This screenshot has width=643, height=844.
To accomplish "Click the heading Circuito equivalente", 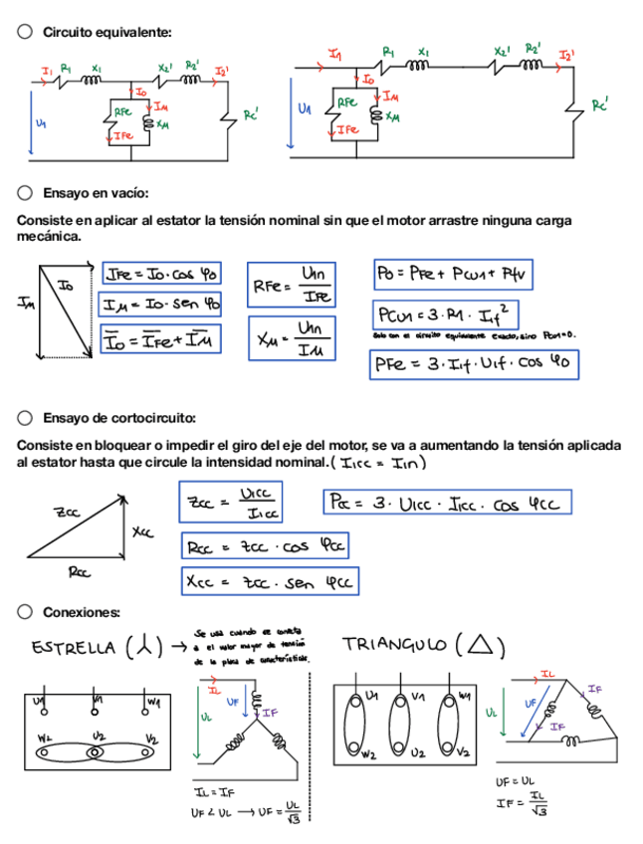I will click(107, 33).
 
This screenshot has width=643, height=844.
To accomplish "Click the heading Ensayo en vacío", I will click(96, 192).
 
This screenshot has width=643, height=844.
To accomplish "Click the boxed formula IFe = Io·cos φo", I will click(161, 273).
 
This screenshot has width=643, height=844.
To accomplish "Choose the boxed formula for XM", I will click(295, 338).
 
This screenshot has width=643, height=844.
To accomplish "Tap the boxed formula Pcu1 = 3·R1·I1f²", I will click(446, 316).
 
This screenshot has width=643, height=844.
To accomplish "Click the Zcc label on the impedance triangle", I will click(68, 513).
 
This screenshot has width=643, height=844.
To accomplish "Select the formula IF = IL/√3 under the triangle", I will click(525, 803).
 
